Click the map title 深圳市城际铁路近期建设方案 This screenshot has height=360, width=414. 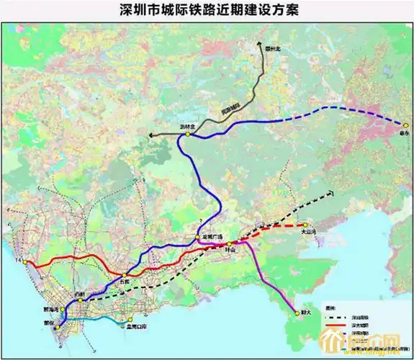click(209, 10)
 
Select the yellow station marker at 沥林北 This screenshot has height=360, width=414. click(187, 134)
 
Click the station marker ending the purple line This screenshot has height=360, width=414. click(296, 312)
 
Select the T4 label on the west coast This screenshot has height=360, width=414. click(19, 257)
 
